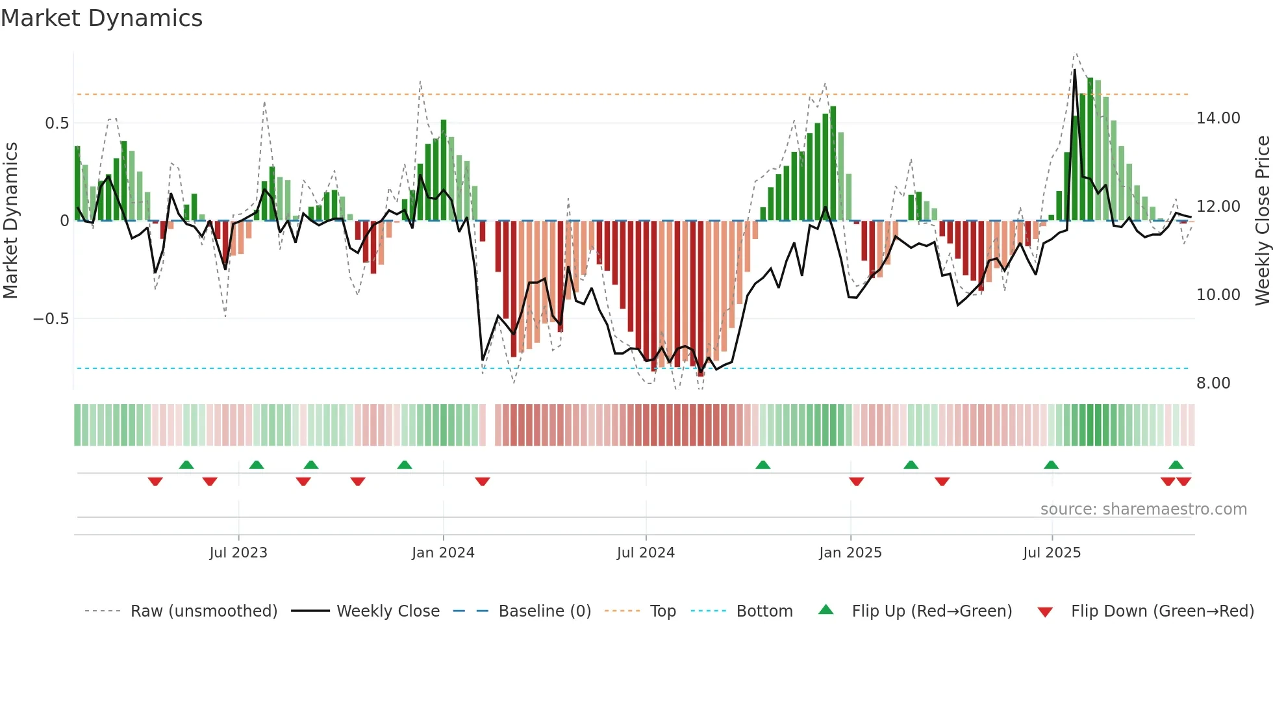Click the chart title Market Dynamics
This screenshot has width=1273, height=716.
pyautogui.click(x=102, y=18)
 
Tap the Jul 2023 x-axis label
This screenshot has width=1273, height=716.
pyautogui.click(x=238, y=553)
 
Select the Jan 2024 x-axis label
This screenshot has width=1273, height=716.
pyautogui.click(x=443, y=553)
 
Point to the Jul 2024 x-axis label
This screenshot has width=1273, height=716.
pyautogui.click(x=646, y=553)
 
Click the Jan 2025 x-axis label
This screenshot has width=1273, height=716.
pyautogui.click(x=850, y=553)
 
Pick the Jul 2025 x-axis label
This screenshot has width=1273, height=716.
pyautogui.click(x=1052, y=553)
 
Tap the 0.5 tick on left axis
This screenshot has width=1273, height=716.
pyautogui.click(x=57, y=123)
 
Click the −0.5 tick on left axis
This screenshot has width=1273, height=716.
pyautogui.click(x=51, y=319)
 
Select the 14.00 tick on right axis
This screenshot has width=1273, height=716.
pyautogui.click(x=1218, y=118)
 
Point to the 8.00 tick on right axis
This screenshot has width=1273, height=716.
pyautogui.click(x=1213, y=383)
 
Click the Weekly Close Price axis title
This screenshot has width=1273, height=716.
pyautogui.click(x=1262, y=221)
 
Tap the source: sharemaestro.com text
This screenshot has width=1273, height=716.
pyautogui.click(x=1143, y=509)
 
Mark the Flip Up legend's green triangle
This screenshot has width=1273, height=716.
pyautogui.click(x=826, y=609)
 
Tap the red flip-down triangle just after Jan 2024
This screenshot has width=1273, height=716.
pyautogui.click(x=482, y=481)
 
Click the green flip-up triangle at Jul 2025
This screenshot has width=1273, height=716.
pyautogui.click(x=1051, y=465)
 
